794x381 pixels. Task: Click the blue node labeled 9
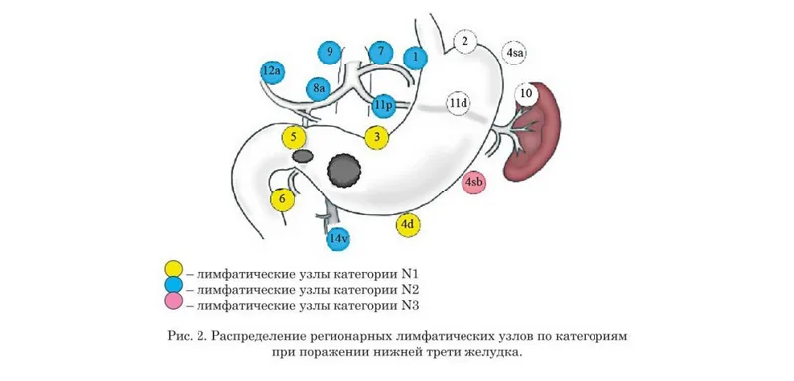coord(331,53)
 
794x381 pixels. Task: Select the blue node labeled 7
coord(381,52)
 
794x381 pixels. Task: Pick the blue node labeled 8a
coord(318,89)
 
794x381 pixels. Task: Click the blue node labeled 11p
coord(383,106)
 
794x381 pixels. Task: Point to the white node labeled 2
coord(464,42)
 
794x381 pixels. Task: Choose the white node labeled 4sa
coord(514,53)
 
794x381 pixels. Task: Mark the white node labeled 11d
coord(458,104)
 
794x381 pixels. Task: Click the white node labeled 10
coord(527,94)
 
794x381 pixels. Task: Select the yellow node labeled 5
coord(294,138)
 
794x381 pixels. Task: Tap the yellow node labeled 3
coord(377,137)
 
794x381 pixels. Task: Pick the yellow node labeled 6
coord(283,199)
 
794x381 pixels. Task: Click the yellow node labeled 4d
coord(408,225)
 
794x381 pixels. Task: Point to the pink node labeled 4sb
coord(474,183)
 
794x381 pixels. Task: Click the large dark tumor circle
coord(344,170)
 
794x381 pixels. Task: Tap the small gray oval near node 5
coord(304,156)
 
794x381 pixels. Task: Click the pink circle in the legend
coord(173,302)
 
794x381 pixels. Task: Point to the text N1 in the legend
coord(410,274)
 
